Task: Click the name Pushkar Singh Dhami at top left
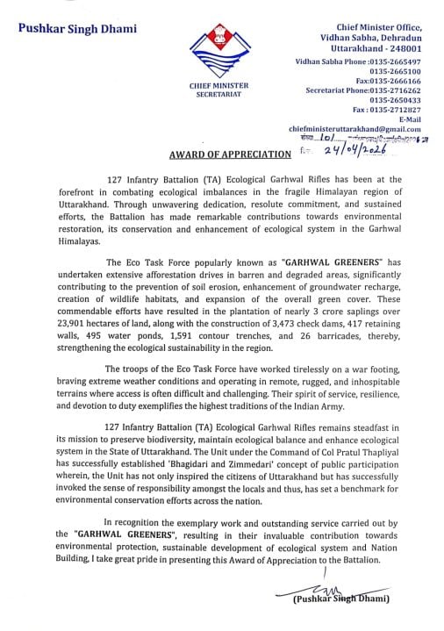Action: click(77, 29)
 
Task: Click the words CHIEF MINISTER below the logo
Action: click(219, 85)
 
